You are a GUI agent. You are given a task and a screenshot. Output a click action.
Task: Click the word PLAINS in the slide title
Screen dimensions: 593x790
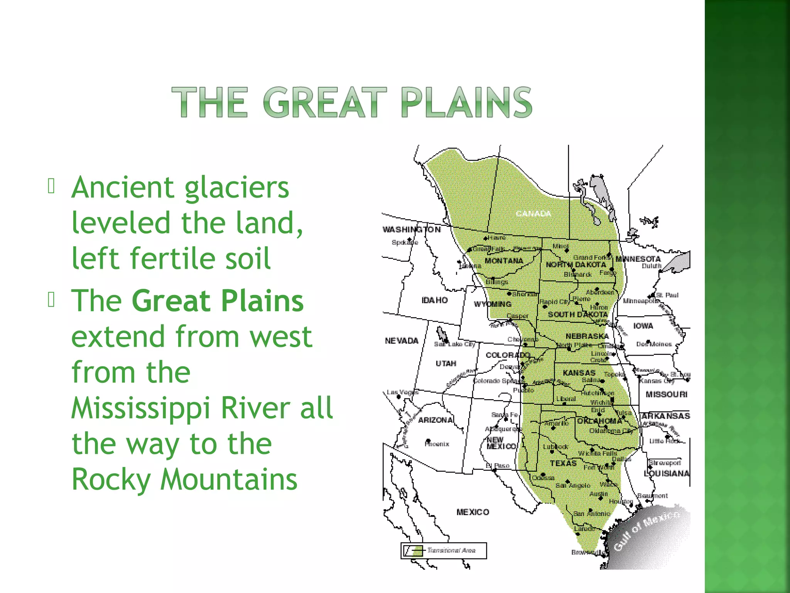coord(466,102)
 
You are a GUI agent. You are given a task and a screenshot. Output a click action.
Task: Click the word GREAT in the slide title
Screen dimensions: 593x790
coord(325,102)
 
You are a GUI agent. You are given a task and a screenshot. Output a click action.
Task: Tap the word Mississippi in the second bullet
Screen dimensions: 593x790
coord(140,408)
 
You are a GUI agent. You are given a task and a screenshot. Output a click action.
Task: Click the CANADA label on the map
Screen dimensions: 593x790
coord(533,213)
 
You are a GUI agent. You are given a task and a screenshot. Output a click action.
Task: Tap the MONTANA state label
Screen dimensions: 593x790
coord(504,261)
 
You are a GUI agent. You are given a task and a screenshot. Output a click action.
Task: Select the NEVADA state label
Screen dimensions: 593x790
coord(402,341)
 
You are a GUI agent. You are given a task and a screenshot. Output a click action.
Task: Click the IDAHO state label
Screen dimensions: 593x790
coord(434,300)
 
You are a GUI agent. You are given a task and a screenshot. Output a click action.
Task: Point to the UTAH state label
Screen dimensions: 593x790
coord(446,363)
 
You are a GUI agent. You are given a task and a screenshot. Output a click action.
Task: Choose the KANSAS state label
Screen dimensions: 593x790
coord(579,373)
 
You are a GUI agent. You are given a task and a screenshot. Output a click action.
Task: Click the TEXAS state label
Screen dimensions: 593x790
coord(563,463)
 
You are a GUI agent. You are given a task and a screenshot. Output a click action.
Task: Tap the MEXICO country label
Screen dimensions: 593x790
coord(473,512)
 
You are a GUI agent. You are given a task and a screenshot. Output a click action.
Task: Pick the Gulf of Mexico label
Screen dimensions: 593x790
coord(646,531)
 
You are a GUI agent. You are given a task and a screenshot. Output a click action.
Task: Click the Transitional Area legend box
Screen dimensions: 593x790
coord(444,551)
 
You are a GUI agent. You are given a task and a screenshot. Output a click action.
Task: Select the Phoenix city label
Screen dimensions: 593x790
coord(437,444)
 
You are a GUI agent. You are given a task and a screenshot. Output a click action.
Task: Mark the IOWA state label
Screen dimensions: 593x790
coord(643,326)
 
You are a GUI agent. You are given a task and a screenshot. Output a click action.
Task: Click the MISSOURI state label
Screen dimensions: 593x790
coord(667,394)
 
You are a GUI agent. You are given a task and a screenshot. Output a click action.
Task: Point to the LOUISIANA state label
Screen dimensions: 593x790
coord(667,473)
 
